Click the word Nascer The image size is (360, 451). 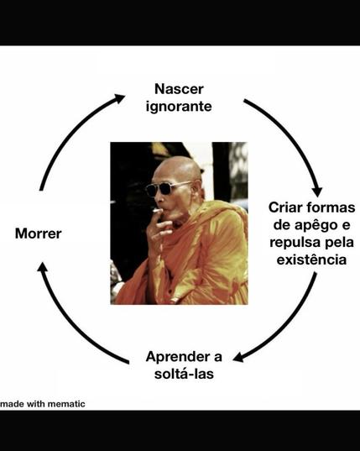coord(179,89)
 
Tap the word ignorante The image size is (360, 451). coord(179,107)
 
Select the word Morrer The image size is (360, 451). coord(39,233)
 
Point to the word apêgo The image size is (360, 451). coord(316,224)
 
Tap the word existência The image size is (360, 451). coord(311,260)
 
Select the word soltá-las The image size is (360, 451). coord(184,374)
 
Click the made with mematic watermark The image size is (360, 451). coord(43,404)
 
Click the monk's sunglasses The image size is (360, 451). coord(167,188)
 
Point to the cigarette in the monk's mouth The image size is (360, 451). coord(158,211)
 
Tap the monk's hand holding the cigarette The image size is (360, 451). coord(160,228)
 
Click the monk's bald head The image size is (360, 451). coord(179,169)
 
